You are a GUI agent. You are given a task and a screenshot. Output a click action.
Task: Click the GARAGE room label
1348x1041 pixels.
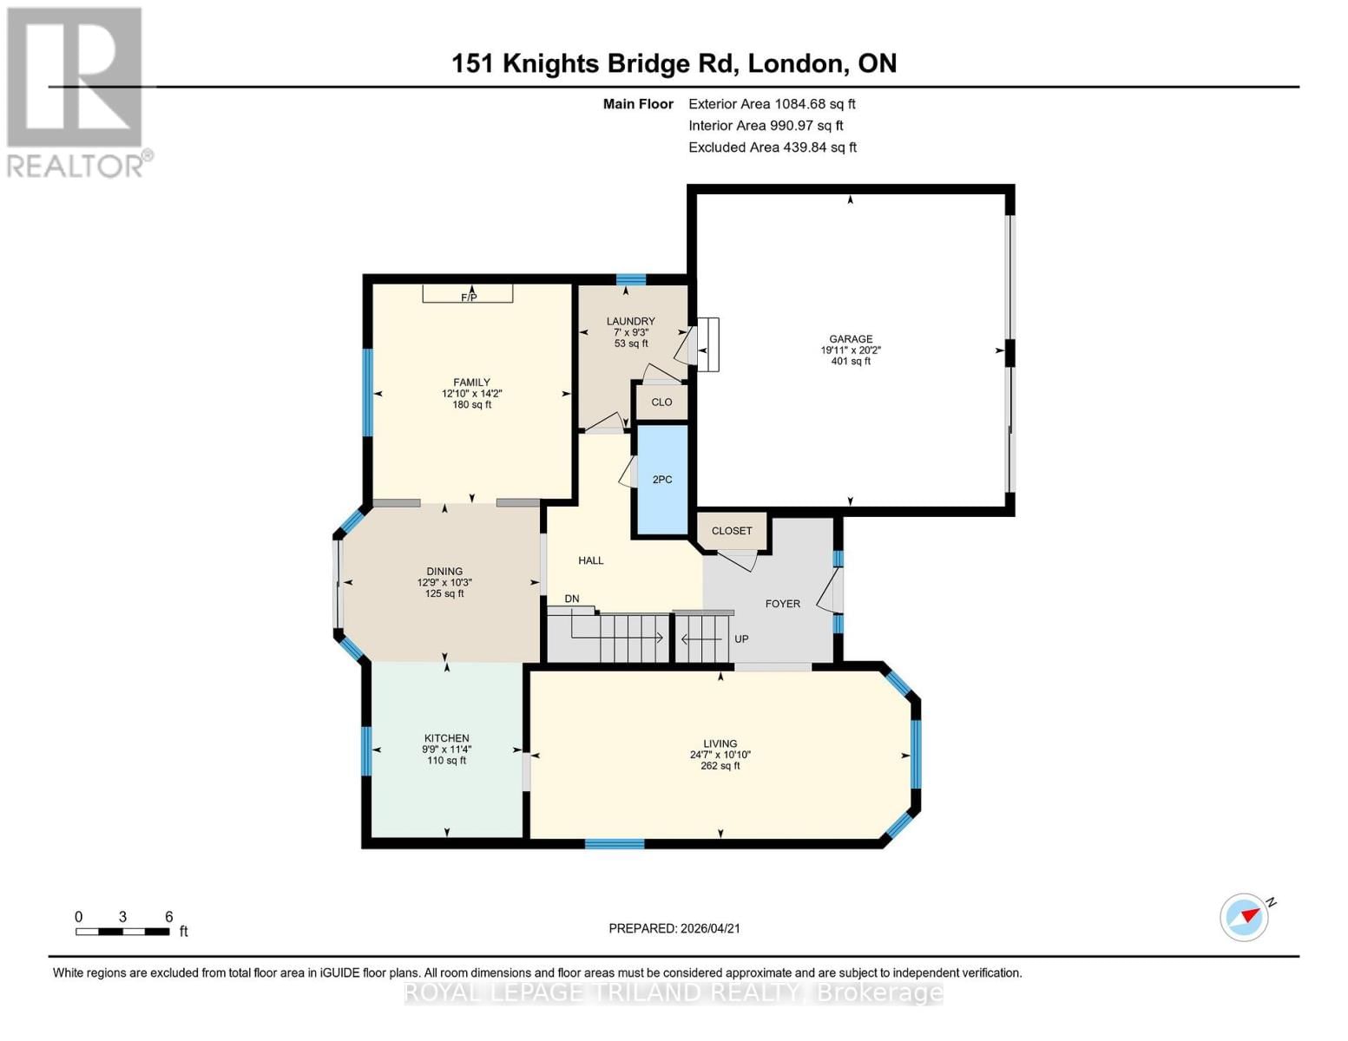pyautogui.click(x=850, y=339)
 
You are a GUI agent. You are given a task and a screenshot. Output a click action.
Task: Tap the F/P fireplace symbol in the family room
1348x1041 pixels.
pyautogui.click(x=468, y=296)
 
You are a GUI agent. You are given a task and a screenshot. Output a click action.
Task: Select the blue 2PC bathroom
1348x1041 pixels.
pyautogui.click(x=662, y=480)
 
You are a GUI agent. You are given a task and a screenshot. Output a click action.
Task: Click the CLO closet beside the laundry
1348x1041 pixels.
pyautogui.click(x=661, y=403)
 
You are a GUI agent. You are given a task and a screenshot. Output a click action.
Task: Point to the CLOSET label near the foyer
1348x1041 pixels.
pyautogui.click(x=732, y=531)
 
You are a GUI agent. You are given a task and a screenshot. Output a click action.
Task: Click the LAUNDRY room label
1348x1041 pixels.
pyautogui.click(x=630, y=321)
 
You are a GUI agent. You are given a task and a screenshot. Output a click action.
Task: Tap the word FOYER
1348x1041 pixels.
pyautogui.click(x=782, y=604)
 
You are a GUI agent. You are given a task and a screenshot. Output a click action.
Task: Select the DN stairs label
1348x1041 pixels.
pyautogui.click(x=571, y=599)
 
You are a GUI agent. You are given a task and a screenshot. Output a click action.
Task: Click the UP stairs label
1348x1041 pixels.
pyautogui.click(x=741, y=639)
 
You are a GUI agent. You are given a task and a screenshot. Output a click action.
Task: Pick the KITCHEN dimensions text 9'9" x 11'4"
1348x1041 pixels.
pyautogui.click(x=447, y=750)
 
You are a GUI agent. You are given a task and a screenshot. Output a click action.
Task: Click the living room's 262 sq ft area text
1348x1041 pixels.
pyautogui.click(x=720, y=766)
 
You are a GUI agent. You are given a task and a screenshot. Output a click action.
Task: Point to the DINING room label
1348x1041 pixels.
pyautogui.click(x=444, y=572)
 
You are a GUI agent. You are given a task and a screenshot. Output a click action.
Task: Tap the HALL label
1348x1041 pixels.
pyautogui.click(x=590, y=560)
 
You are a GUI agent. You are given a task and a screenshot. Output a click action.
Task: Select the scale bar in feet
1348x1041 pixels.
pyautogui.click(x=122, y=932)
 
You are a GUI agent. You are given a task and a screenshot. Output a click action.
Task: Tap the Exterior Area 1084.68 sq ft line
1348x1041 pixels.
pyautogui.click(x=772, y=104)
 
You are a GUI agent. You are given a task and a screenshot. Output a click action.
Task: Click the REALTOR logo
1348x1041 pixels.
pyautogui.click(x=76, y=91)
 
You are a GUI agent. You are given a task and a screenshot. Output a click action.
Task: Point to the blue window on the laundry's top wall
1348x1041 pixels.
pyautogui.click(x=631, y=279)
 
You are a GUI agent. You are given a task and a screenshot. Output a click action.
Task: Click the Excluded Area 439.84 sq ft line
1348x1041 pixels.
pyautogui.click(x=773, y=147)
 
